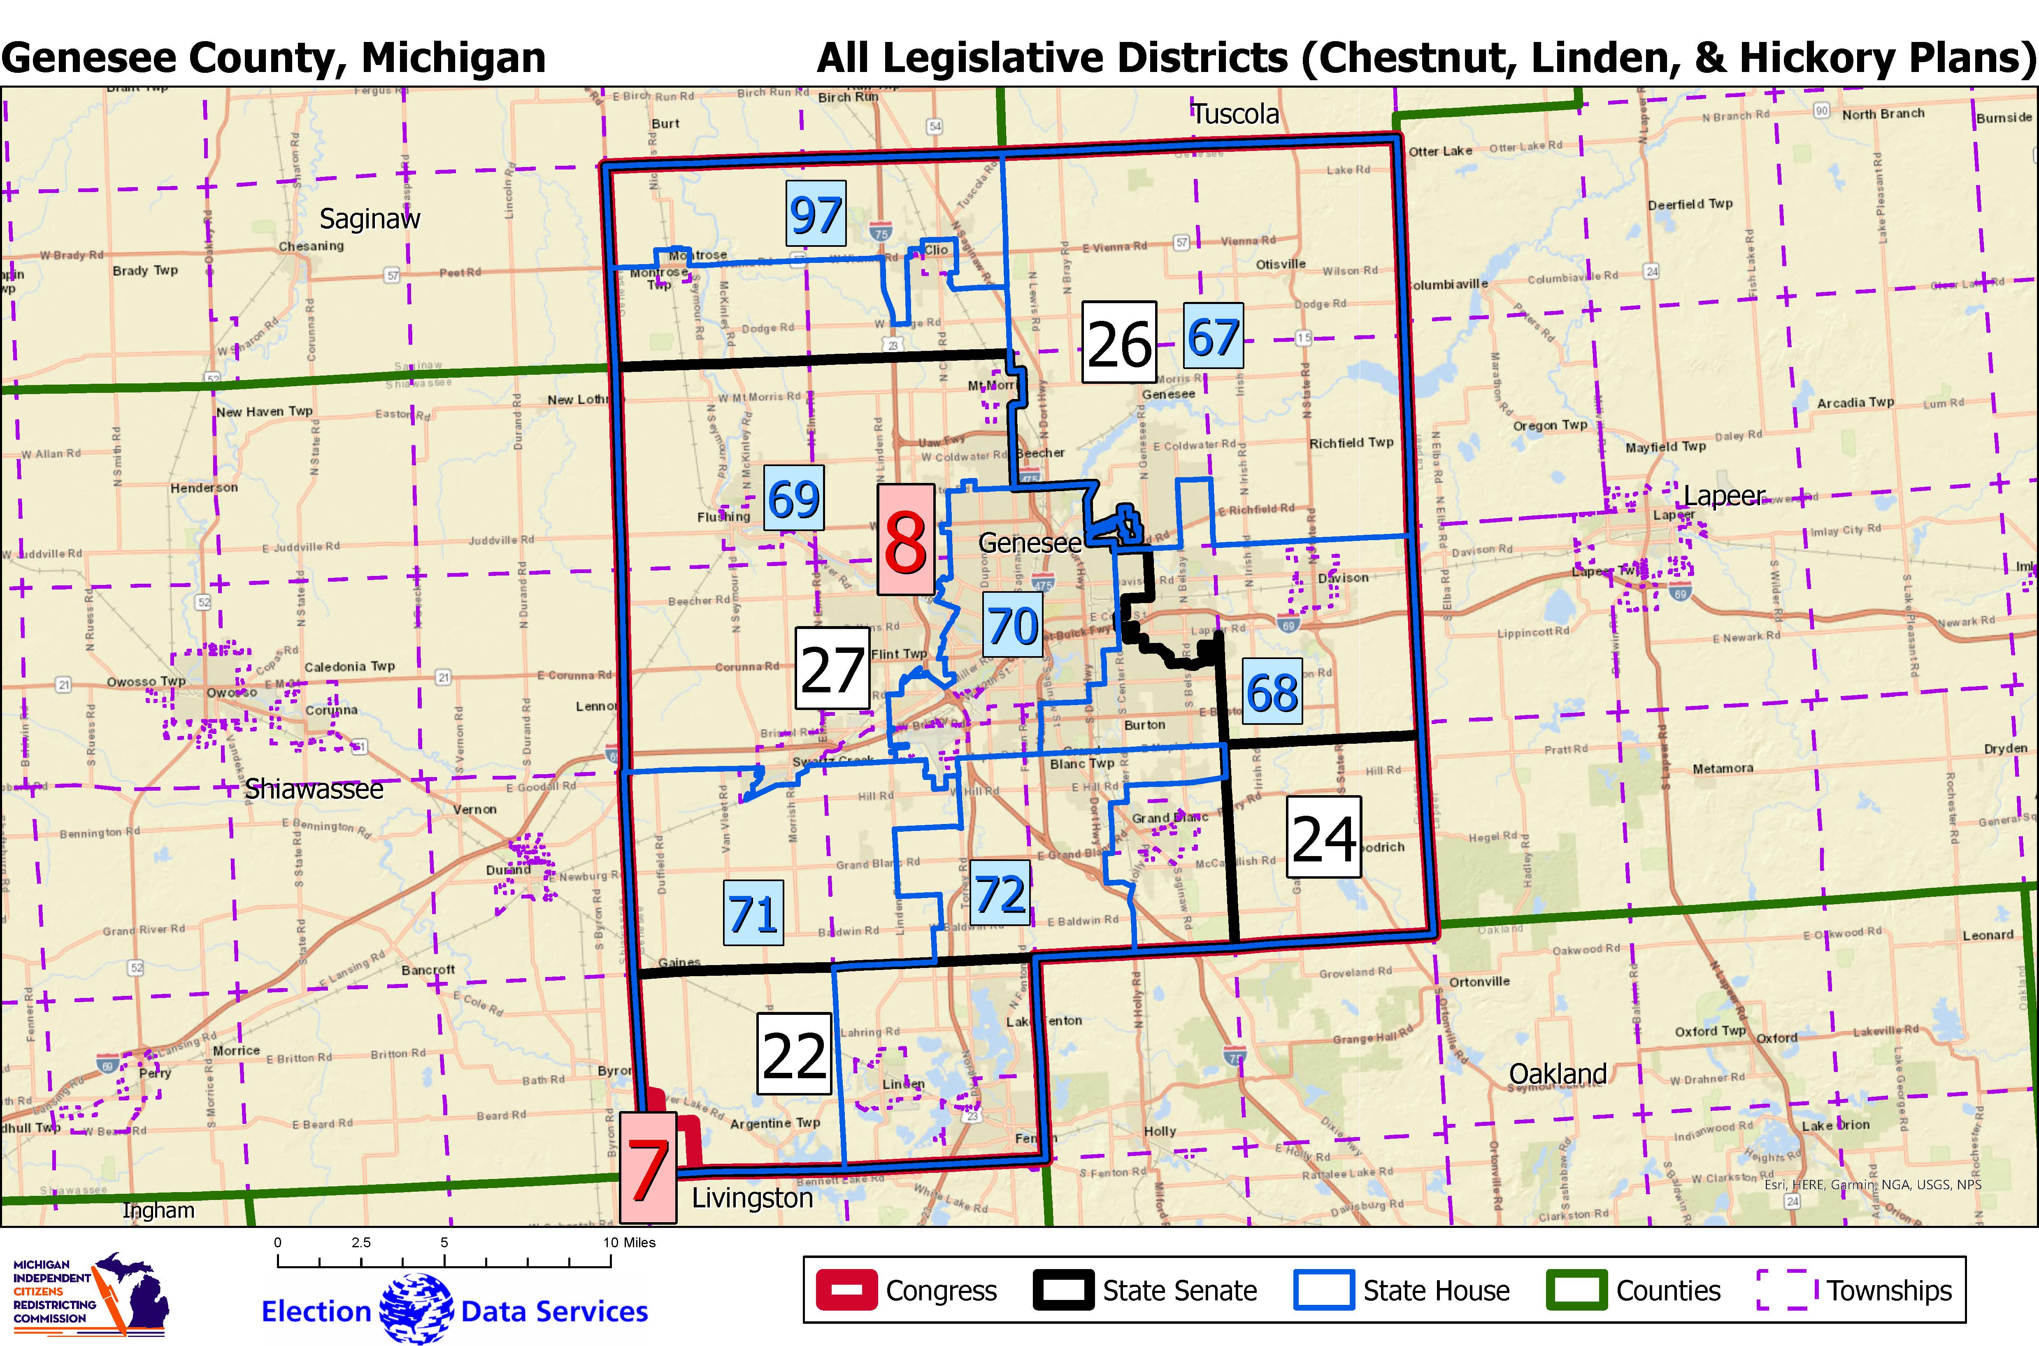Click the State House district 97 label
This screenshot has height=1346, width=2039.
(x=816, y=214)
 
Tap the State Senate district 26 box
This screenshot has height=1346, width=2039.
(x=1118, y=343)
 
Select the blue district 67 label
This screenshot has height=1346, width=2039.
(x=1213, y=336)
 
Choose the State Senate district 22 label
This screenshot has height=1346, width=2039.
(x=794, y=1053)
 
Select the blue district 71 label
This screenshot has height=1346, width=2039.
(x=753, y=912)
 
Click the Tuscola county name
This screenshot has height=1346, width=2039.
(x=1235, y=114)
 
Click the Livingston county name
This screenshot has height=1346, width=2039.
(x=752, y=1197)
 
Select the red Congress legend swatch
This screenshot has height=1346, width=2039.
(x=846, y=1290)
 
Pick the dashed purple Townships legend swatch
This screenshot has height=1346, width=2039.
(x=1788, y=1290)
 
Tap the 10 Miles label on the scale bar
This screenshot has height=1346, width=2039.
(x=629, y=1242)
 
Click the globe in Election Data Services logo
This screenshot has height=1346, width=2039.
(x=416, y=1309)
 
